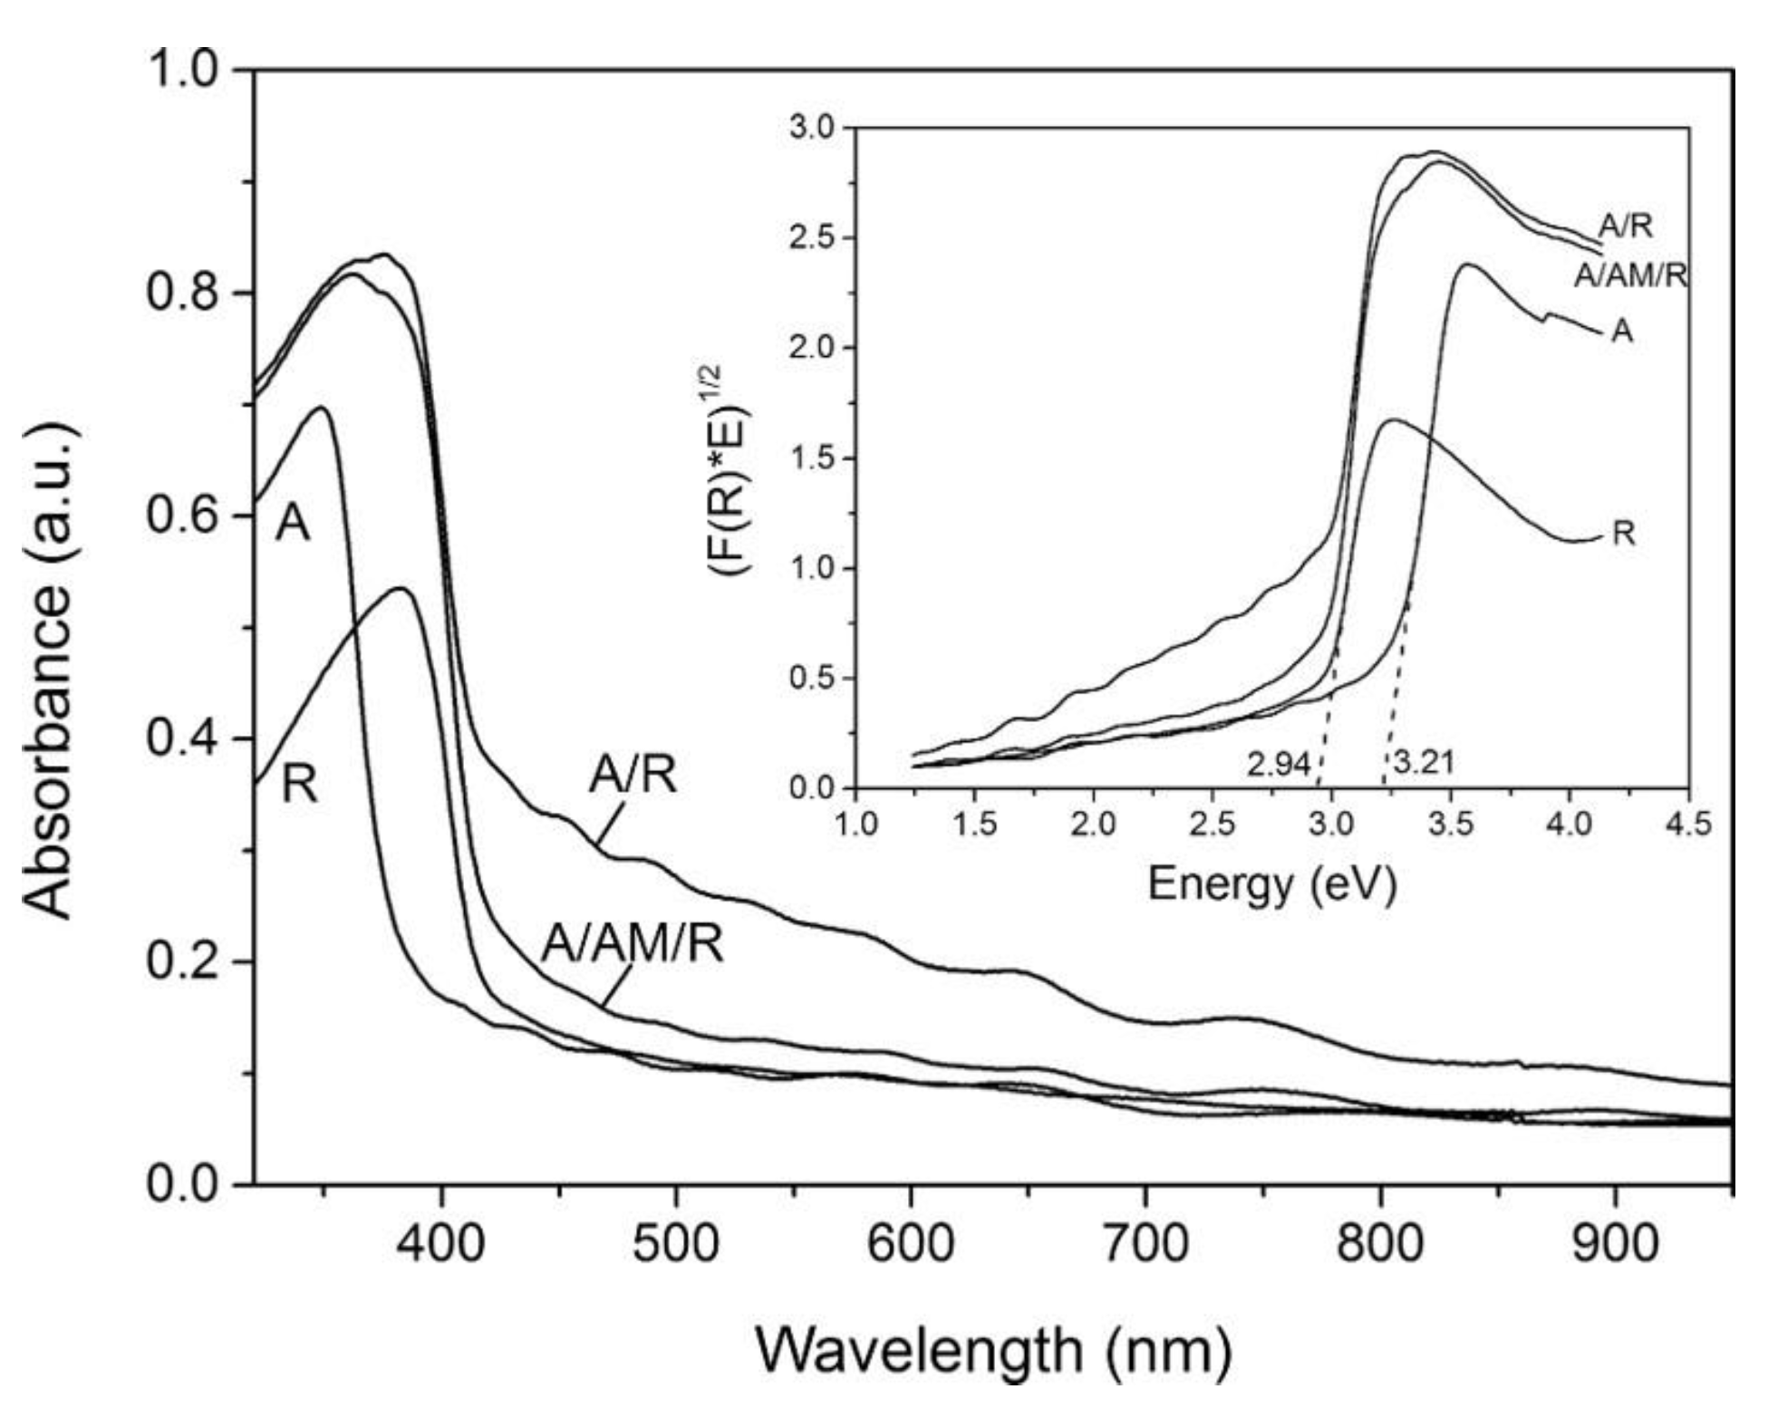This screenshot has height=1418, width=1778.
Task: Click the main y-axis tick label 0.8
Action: click(x=184, y=294)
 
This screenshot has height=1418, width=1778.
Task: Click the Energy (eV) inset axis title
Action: click(x=1271, y=883)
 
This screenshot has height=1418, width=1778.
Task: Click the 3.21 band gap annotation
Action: click(x=1423, y=763)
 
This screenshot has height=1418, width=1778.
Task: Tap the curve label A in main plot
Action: click(x=293, y=524)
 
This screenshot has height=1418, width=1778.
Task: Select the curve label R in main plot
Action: click(x=300, y=784)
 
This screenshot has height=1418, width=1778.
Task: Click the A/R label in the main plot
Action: click(x=633, y=775)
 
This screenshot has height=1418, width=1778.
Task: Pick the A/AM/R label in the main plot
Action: click(x=633, y=944)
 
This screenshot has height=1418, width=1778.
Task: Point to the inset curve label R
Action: click(x=1623, y=535)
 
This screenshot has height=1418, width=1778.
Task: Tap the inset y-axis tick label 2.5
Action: click(x=813, y=238)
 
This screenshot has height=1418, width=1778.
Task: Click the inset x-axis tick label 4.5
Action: click(x=1687, y=825)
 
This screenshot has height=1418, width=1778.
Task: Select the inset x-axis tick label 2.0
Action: click(x=1093, y=825)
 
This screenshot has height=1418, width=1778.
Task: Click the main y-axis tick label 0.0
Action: click(x=184, y=1184)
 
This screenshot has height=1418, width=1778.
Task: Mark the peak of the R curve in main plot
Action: click(x=402, y=589)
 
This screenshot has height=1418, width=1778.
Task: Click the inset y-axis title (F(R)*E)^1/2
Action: click(x=730, y=471)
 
